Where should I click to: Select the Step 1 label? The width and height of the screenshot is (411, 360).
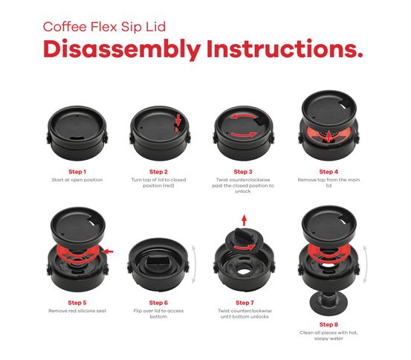point(77,171)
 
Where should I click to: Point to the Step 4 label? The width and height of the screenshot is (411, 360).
point(328,171)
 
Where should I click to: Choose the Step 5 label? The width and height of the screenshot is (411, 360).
point(77,303)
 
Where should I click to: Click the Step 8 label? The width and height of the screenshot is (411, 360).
point(328,325)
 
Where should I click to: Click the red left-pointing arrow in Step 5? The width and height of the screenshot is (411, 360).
point(109,251)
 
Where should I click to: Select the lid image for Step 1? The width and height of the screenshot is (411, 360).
point(77,130)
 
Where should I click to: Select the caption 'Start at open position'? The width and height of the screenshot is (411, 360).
point(77,180)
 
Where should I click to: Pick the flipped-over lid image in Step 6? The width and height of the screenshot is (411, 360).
point(157,265)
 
